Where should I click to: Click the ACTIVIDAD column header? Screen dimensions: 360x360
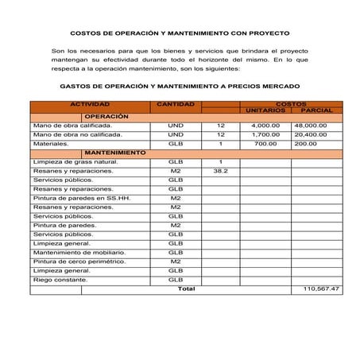coord(90,104)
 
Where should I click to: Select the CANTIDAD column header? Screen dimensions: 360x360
coord(175,104)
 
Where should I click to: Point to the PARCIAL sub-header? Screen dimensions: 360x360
coord(316,110)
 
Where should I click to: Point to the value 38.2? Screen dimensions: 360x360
coord(221,170)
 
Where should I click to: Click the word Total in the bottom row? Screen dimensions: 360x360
coord(186,288)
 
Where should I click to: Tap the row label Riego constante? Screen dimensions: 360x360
coord(63,280)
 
